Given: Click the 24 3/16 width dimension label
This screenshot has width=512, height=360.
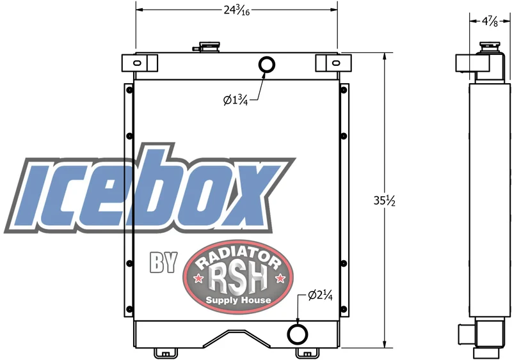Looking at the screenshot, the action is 237,11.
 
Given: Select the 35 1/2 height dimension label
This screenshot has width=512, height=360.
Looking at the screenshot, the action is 385,201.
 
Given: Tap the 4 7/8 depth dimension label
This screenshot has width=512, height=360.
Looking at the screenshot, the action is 490,22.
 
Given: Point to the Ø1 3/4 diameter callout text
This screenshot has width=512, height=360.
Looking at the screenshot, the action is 236,100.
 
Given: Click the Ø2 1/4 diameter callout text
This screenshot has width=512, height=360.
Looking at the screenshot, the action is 321,295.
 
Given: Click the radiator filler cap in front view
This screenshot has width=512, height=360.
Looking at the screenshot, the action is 207,47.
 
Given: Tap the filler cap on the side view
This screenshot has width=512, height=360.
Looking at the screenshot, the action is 490,47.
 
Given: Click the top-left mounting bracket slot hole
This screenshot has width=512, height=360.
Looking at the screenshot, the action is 137,63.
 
